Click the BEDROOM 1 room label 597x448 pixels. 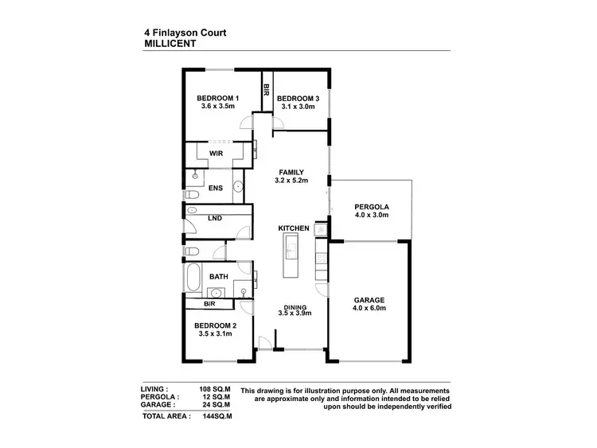pos(218,99)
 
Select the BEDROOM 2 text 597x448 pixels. pos(215,325)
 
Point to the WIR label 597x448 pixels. pos(215,153)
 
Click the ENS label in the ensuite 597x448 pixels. pos(215,189)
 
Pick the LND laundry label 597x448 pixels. pos(214,217)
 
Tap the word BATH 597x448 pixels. pos(218,277)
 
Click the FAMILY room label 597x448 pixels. pos(292,172)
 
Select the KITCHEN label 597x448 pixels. pos(293,229)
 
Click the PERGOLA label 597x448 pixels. pos(370,208)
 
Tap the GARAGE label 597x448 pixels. pos(370,300)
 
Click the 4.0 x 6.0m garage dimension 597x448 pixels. pos(370,308)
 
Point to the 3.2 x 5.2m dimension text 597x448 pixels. pos(292,181)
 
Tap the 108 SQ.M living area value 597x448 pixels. pos(215,390)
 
